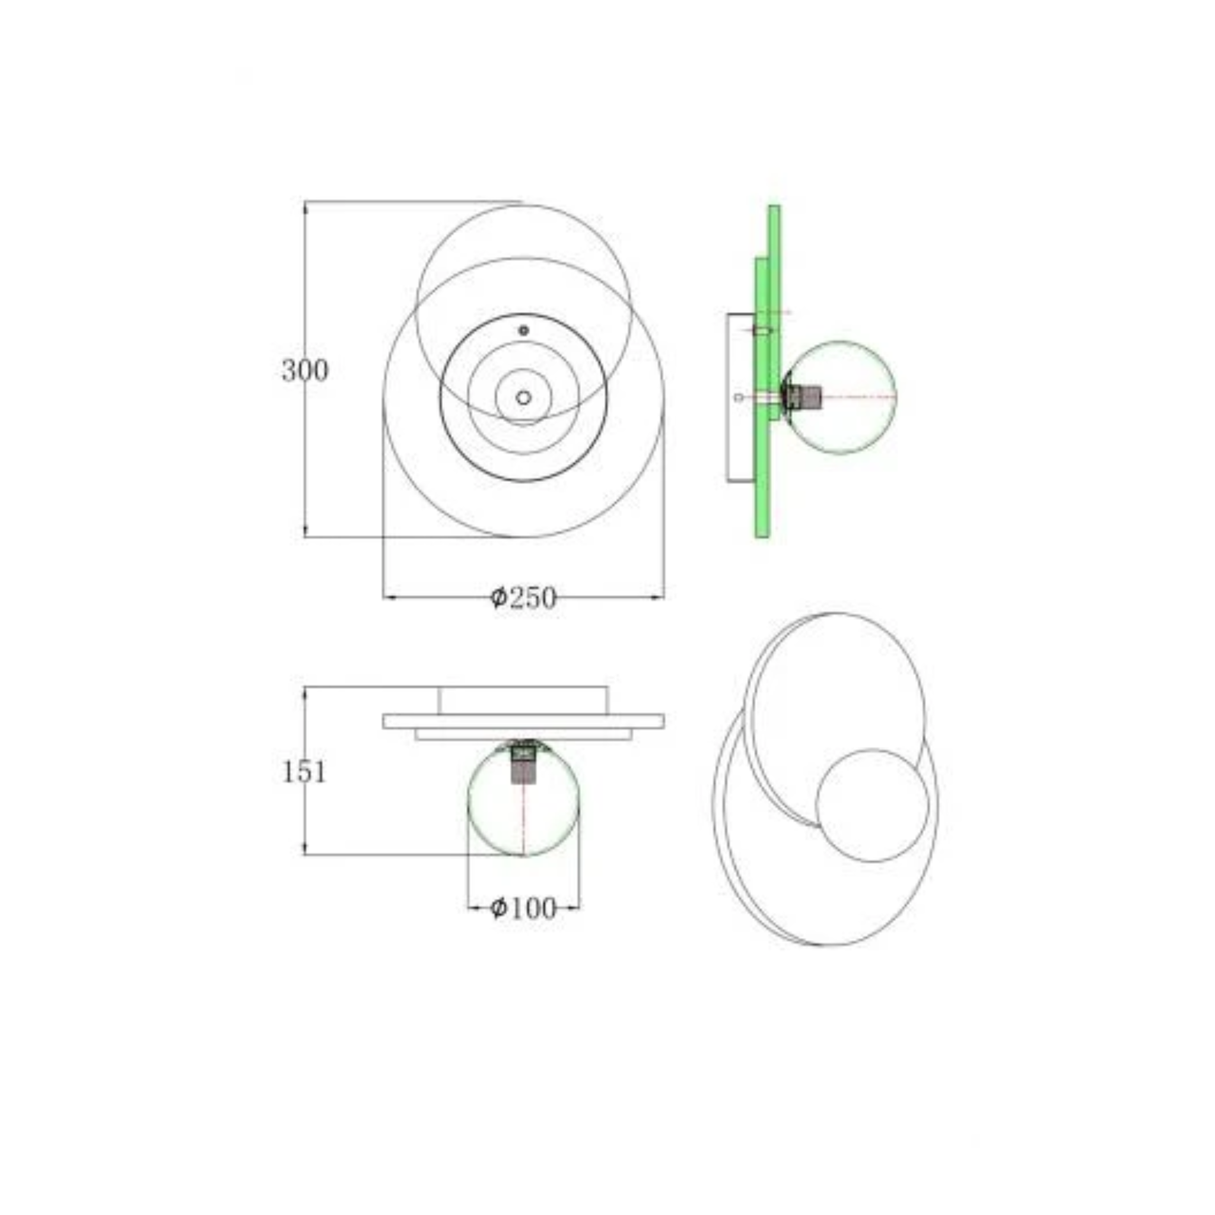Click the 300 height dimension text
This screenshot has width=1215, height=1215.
click(x=305, y=371)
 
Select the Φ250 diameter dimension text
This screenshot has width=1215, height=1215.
click(x=523, y=597)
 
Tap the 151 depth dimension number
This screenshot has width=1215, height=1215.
click(x=304, y=772)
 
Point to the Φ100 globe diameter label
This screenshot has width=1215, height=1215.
click(x=523, y=908)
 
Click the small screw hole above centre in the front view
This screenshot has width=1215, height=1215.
click(x=524, y=330)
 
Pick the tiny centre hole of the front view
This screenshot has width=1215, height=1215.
click(x=524, y=397)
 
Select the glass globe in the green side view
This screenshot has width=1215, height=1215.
click(x=841, y=397)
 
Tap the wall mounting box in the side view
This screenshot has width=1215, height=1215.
click(x=742, y=397)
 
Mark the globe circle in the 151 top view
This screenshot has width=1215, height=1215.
click(x=524, y=799)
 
